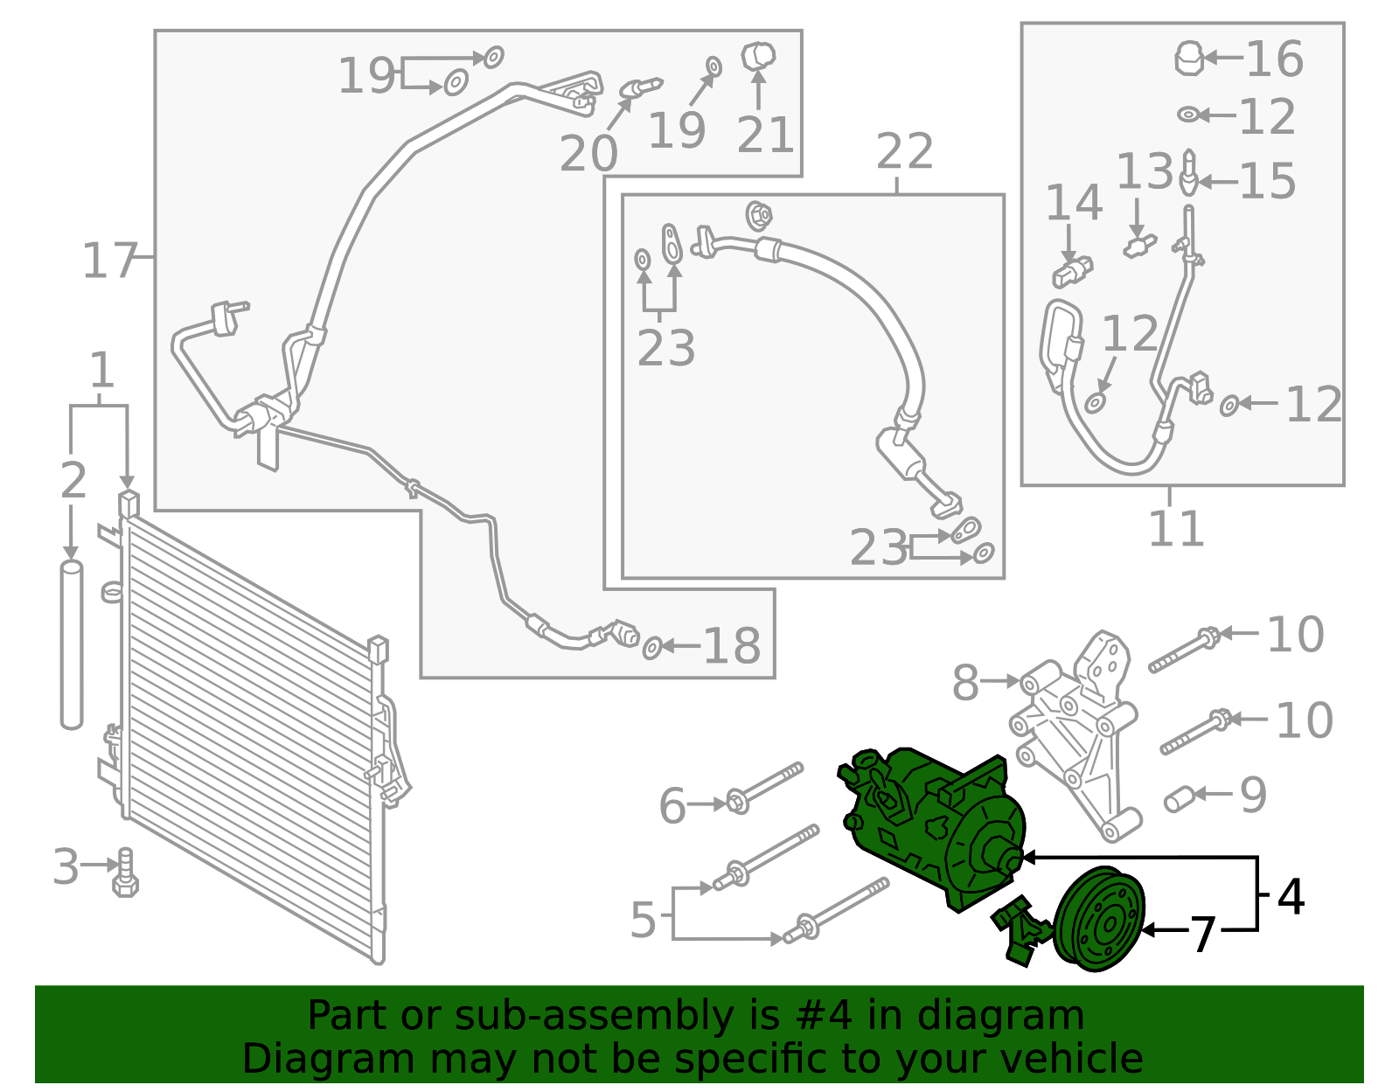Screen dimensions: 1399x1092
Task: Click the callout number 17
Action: tap(108, 261)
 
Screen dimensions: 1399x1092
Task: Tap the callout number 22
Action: tap(904, 152)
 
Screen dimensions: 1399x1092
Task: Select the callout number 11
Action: tap(1176, 529)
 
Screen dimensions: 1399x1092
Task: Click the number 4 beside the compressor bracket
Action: tap(1291, 896)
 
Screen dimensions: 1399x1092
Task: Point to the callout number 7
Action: tap(1202, 935)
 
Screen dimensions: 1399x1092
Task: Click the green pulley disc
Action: tap(1099, 919)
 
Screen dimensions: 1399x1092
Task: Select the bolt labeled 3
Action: tap(125, 873)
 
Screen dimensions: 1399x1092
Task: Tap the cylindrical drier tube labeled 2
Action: tap(72, 645)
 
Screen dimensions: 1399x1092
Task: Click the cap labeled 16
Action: tap(1188, 58)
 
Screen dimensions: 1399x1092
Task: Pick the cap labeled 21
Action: tap(758, 57)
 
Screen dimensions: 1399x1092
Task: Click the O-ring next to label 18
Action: tap(651, 648)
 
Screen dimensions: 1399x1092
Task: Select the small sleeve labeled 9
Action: tap(1180, 799)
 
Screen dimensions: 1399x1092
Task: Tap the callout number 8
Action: tap(965, 682)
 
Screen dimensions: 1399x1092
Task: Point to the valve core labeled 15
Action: tap(1189, 172)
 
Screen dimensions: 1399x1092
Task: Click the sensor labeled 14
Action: tap(1073, 272)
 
